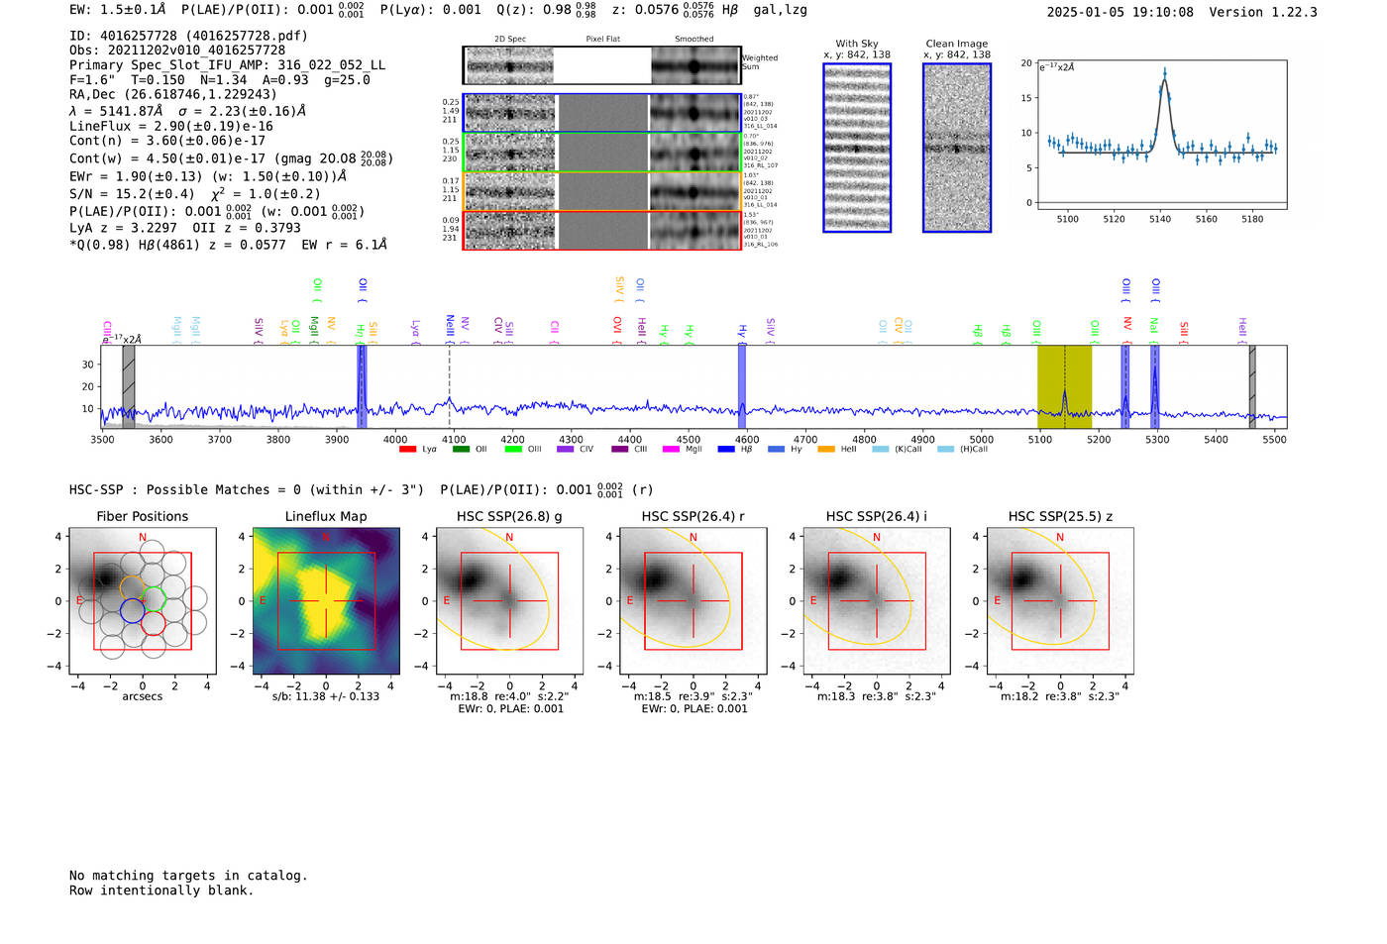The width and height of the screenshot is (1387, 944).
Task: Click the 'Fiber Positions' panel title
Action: [142, 516]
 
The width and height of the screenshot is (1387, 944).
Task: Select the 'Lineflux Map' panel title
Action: [326, 516]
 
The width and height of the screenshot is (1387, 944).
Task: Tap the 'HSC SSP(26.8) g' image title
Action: [509, 516]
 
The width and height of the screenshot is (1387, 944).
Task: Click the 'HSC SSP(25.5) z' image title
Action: [1060, 516]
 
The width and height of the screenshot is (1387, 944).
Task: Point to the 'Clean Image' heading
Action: [956, 44]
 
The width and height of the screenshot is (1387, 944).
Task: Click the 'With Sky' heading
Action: [856, 44]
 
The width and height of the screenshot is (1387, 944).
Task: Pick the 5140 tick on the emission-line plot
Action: [1160, 219]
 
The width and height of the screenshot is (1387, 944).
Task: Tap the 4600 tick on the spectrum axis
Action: [747, 440]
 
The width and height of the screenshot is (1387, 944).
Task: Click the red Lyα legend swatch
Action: [407, 450]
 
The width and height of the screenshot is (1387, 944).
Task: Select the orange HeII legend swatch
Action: [825, 450]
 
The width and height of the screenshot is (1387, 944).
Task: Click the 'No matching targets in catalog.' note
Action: [188, 876]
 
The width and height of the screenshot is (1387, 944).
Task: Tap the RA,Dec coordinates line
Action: [173, 95]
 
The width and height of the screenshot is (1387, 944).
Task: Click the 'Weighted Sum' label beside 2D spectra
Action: [759, 62]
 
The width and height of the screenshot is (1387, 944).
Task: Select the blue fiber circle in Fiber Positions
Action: [133, 611]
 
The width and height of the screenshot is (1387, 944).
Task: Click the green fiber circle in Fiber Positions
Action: [153, 598]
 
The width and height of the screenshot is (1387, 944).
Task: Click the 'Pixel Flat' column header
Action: [602, 40]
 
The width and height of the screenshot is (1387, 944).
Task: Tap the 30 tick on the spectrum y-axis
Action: [88, 365]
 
